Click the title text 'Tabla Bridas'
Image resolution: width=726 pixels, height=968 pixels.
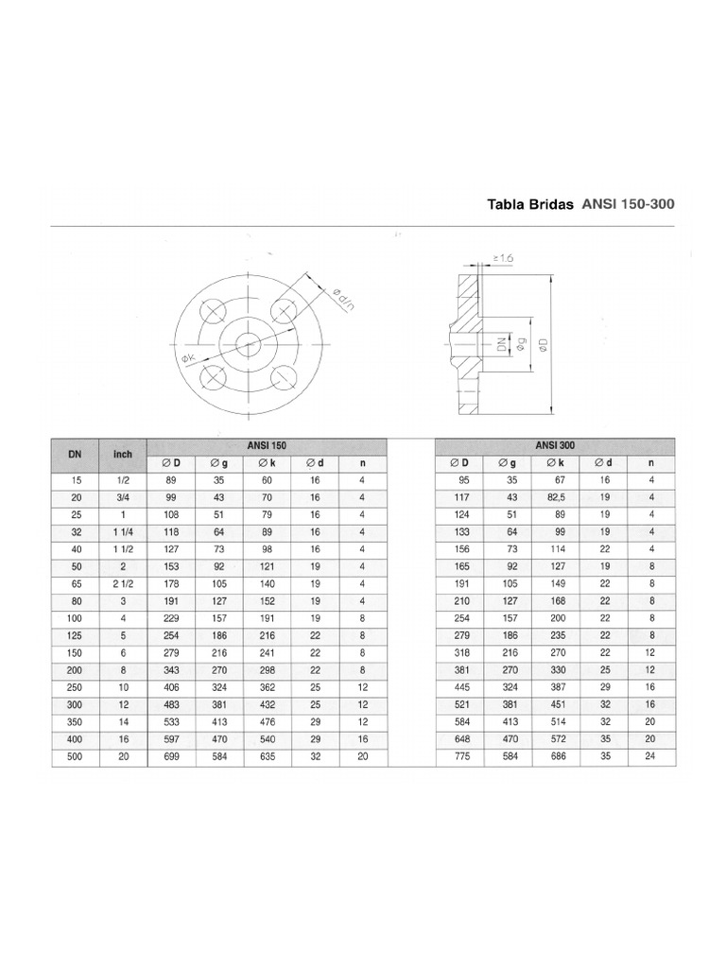[529, 203]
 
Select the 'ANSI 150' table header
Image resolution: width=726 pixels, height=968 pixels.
[268, 444]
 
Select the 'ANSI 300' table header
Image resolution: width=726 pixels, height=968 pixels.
[554, 444]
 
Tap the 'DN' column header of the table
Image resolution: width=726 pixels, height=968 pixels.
[76, 454]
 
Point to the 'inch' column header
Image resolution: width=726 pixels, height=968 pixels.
[123, 454]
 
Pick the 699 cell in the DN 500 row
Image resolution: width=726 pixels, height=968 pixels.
[172, 758]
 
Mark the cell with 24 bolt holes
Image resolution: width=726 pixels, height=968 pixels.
[651, 758]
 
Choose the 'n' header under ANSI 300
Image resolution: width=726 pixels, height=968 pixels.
[651, 463]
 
